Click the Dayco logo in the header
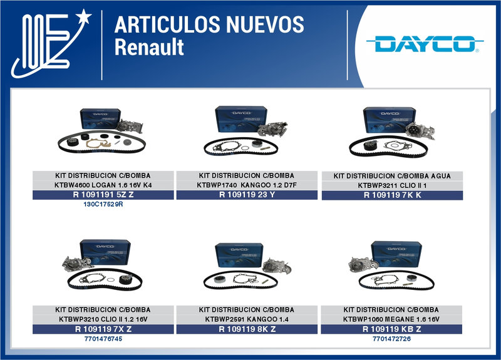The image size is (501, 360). pyautogui.click(x=424, y=44)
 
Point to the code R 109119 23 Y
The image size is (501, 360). pyautogui.click(x=247, y=195)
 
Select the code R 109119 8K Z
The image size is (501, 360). pyautogui.click(x=247, y=329)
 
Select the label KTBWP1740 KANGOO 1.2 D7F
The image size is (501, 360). pyautogui.click(x=247, y=185)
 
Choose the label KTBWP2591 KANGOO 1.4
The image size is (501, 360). pyautogui.click(x=247, y=319)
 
